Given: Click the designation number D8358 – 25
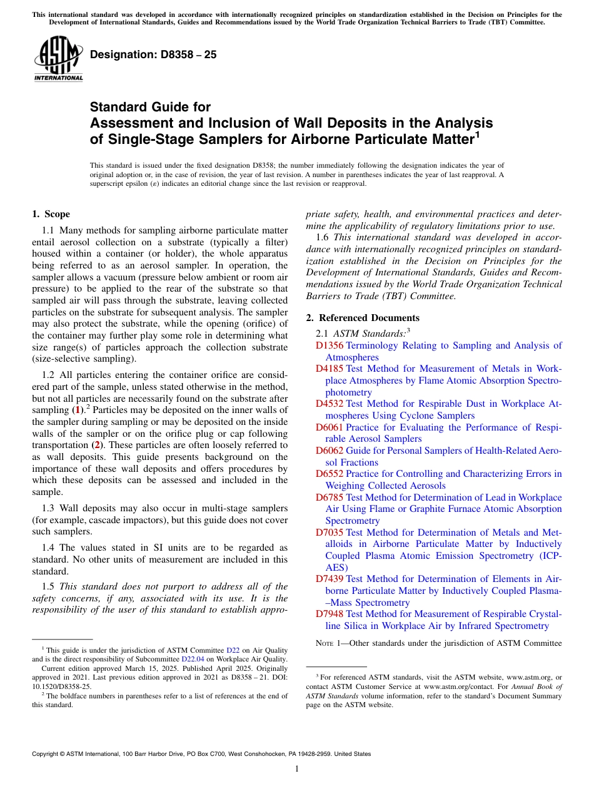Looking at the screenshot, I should [153, 54].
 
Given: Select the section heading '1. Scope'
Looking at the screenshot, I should [51, 214].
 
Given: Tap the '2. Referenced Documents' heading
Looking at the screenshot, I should [363, 318].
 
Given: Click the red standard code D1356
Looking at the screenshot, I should [330, 345].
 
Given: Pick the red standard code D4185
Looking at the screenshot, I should [330, 369].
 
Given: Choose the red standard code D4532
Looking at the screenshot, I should [330, 404].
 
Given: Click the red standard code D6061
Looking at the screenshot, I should [330, 427].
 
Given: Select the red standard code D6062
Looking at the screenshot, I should [330, 451].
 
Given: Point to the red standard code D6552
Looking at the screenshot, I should [330, 474].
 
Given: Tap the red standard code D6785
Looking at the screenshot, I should [330, 497].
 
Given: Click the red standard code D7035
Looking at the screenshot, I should [330, 533].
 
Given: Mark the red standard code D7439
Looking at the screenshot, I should [330, 579].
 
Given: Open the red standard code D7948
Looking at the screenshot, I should [330, 615].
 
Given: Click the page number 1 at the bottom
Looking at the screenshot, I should [297, 769].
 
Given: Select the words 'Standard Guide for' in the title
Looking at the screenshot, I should [150, 107].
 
